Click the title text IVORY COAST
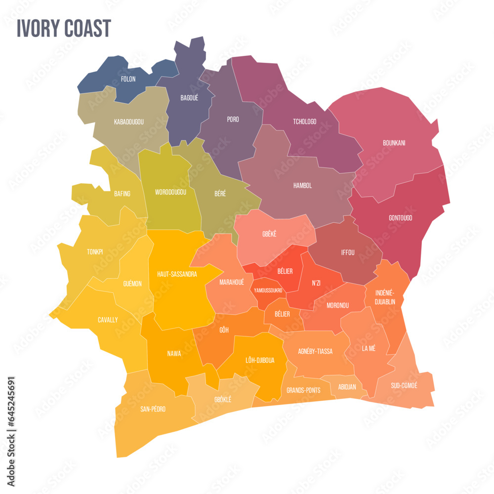coord(64,29)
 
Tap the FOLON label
coord(128,79)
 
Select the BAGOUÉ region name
coord(189,98)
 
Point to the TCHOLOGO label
coord(304,122)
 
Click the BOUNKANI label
coord(394,143)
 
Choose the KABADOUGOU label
coord(128,122)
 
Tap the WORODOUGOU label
coord(170,192)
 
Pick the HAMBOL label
coord(302,186)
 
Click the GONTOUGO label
coord(400,218)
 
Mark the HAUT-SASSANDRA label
coord(177,274)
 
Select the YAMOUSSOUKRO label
coord(268,290)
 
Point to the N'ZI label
coord(316,283)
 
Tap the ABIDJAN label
coord(347,387)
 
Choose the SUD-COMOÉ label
coord(404,385)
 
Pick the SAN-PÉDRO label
coord(153,409)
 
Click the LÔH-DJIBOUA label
coord(260,360)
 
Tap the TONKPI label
coord(95,252)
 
